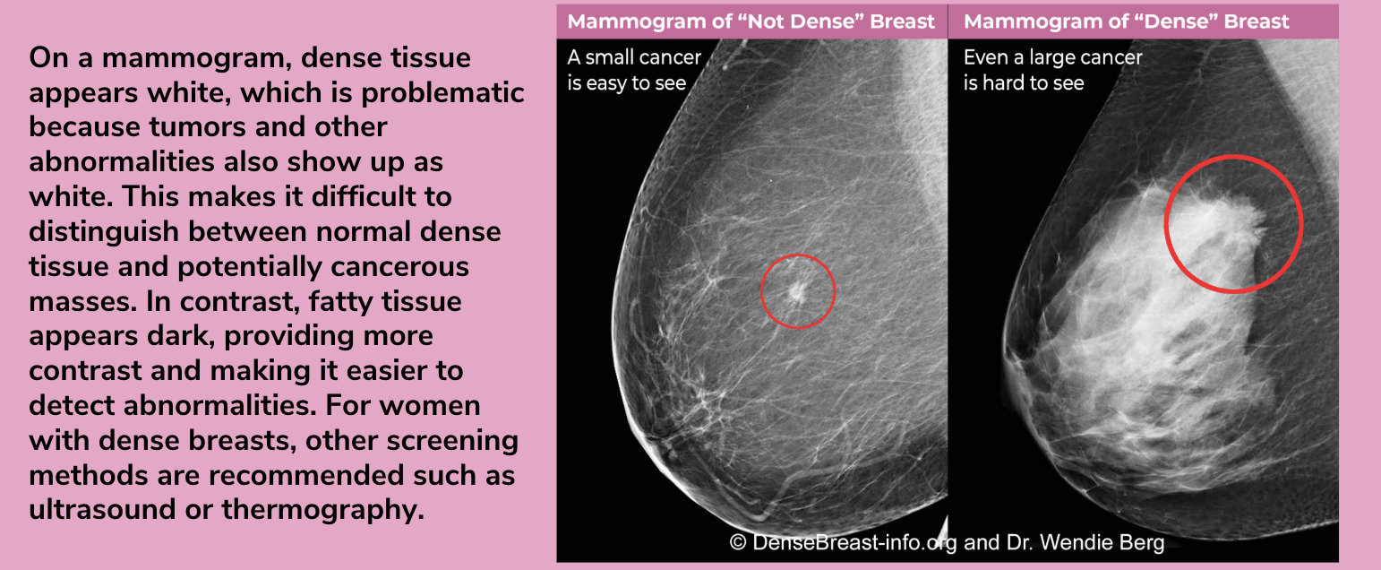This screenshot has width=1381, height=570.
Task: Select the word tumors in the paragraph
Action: (197, 127)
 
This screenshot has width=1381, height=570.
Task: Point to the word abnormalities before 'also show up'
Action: (121, 162)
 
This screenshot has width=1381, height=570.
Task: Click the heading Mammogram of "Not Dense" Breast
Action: (751, 22)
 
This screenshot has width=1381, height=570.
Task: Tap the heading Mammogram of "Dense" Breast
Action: (1127, 22)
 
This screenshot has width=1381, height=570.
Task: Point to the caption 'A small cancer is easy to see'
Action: (634, 70)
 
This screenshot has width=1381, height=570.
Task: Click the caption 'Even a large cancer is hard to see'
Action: (1052, 70)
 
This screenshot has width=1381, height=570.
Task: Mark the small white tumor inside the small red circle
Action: (796, 290)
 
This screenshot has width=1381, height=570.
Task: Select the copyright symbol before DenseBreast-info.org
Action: (737, 542)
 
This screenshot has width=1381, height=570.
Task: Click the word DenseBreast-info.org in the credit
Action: (855, 543)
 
